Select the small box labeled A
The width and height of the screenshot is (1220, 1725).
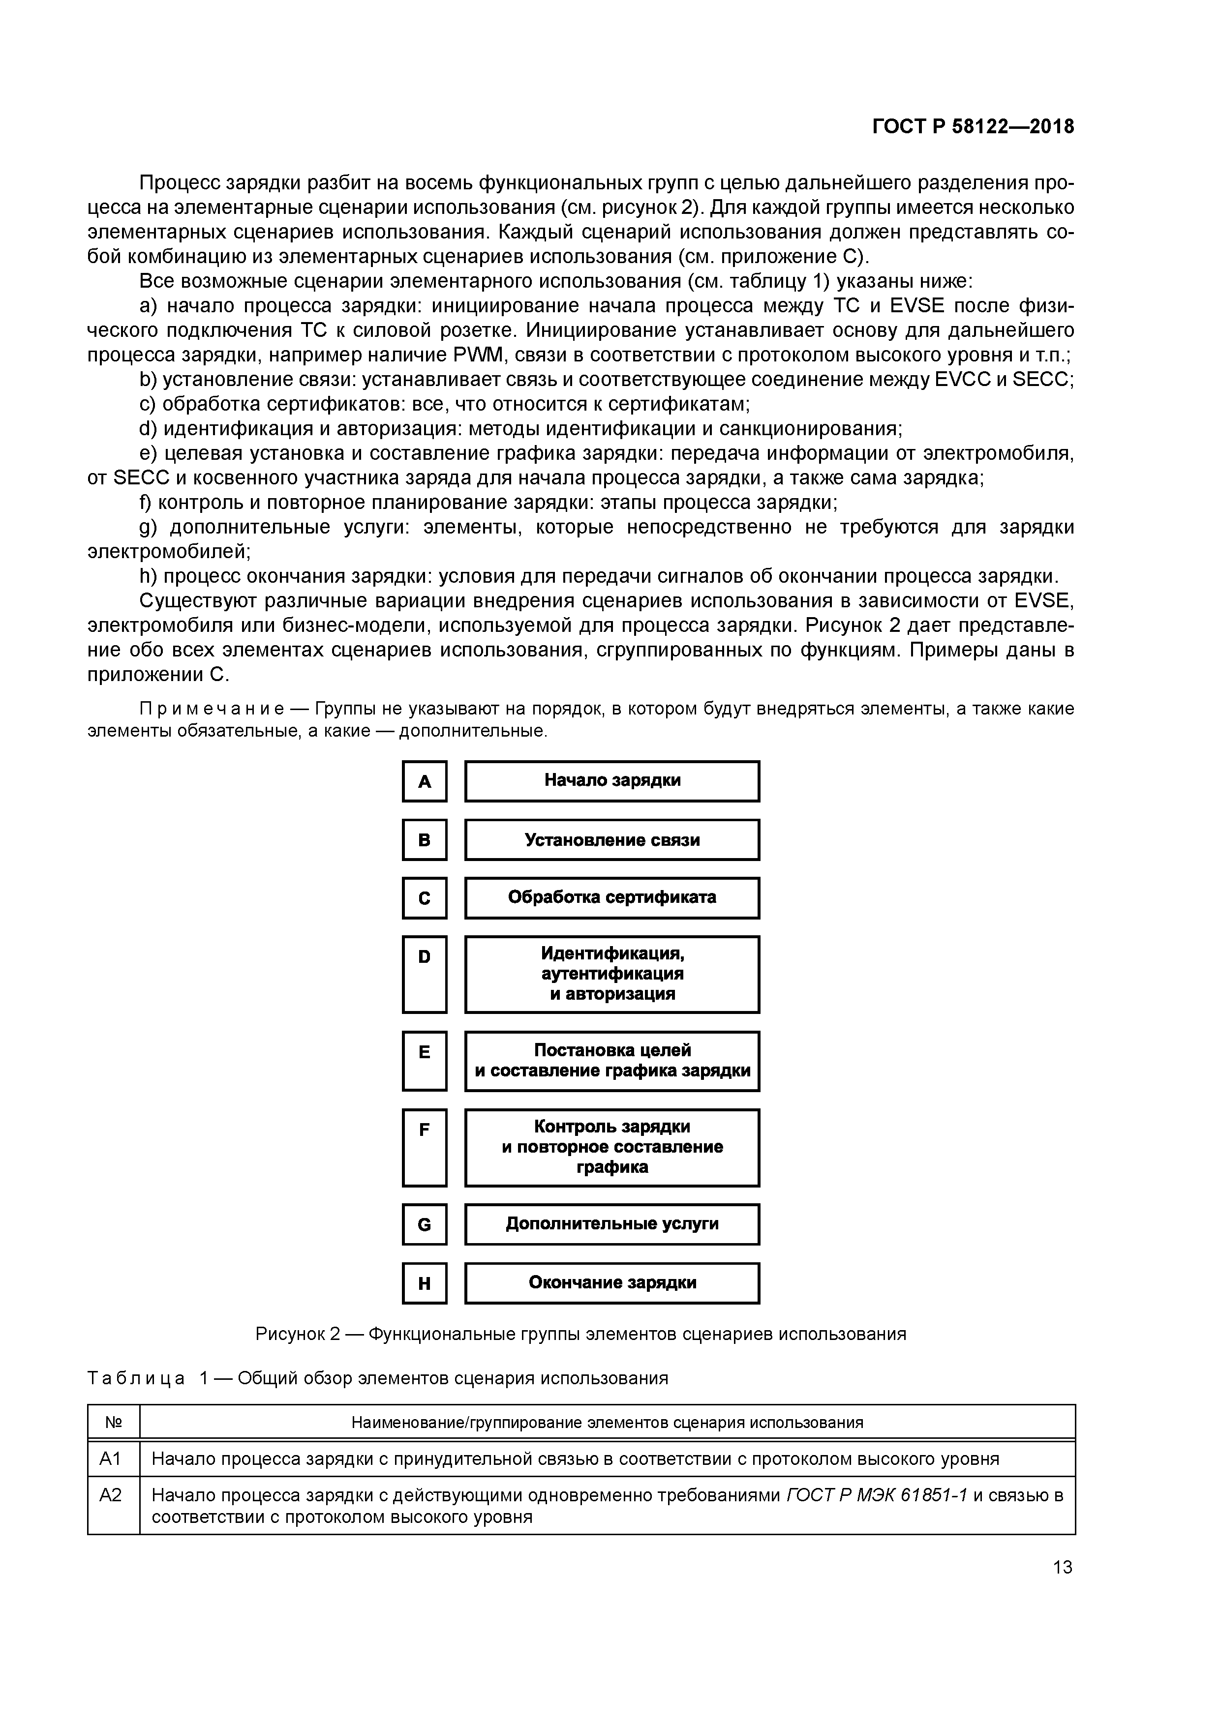[425, 781]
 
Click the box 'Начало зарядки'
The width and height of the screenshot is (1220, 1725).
[612, 781]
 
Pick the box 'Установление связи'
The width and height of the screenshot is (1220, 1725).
[612, 840]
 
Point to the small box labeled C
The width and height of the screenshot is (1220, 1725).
[425, 898]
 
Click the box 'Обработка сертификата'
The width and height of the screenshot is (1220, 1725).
[612, 898]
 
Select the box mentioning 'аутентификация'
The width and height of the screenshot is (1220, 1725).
[612, 975]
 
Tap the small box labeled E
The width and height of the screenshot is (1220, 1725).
[425, 1061]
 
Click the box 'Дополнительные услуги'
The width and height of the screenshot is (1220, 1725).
[612, 1224]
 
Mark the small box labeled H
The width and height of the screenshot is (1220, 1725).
[425, 1283]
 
